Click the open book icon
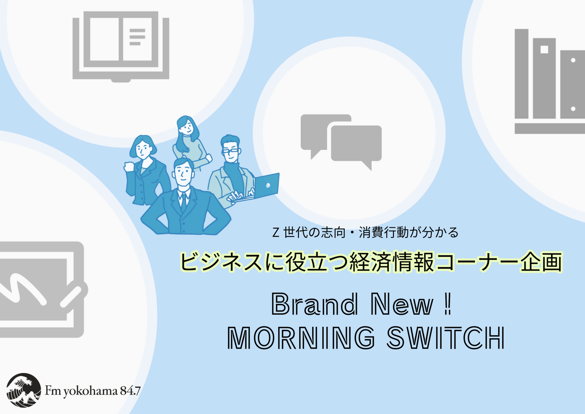coord(121,47)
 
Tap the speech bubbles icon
coord(341,142)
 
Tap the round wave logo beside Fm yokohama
coord(23,390)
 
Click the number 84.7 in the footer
coord(130,391)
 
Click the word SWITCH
coord(446,338)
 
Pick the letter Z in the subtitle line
coord(276,232)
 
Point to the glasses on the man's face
coord(231,151)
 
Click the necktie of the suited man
coord(184,202)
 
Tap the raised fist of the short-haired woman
coord(128,167)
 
